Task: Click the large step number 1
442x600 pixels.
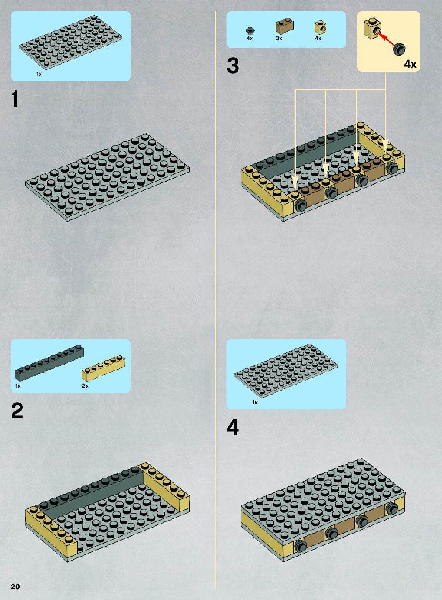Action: coord(15,99)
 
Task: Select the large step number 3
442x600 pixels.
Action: coord(233,66)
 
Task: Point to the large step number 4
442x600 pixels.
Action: coord(233,427)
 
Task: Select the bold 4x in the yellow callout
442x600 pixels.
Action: coord(411,64)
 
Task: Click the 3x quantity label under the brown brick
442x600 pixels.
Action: coord(279,38)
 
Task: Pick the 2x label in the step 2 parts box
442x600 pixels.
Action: coord(85,386)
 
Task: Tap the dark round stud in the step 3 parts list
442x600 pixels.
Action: coord(250,31)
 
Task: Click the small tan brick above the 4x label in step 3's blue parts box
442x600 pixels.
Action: coord(320,27)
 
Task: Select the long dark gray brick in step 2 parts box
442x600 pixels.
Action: coord(50,363)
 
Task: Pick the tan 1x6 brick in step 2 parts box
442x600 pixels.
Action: coord(103,368)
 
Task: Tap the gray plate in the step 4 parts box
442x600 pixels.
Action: coord(286,371)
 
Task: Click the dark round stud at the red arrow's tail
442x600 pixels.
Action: coord(399,49)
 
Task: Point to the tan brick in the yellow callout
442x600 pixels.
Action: coord(372,29)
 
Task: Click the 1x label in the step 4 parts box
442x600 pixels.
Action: coord(255,403)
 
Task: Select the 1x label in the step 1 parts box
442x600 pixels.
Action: coord(39,74)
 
